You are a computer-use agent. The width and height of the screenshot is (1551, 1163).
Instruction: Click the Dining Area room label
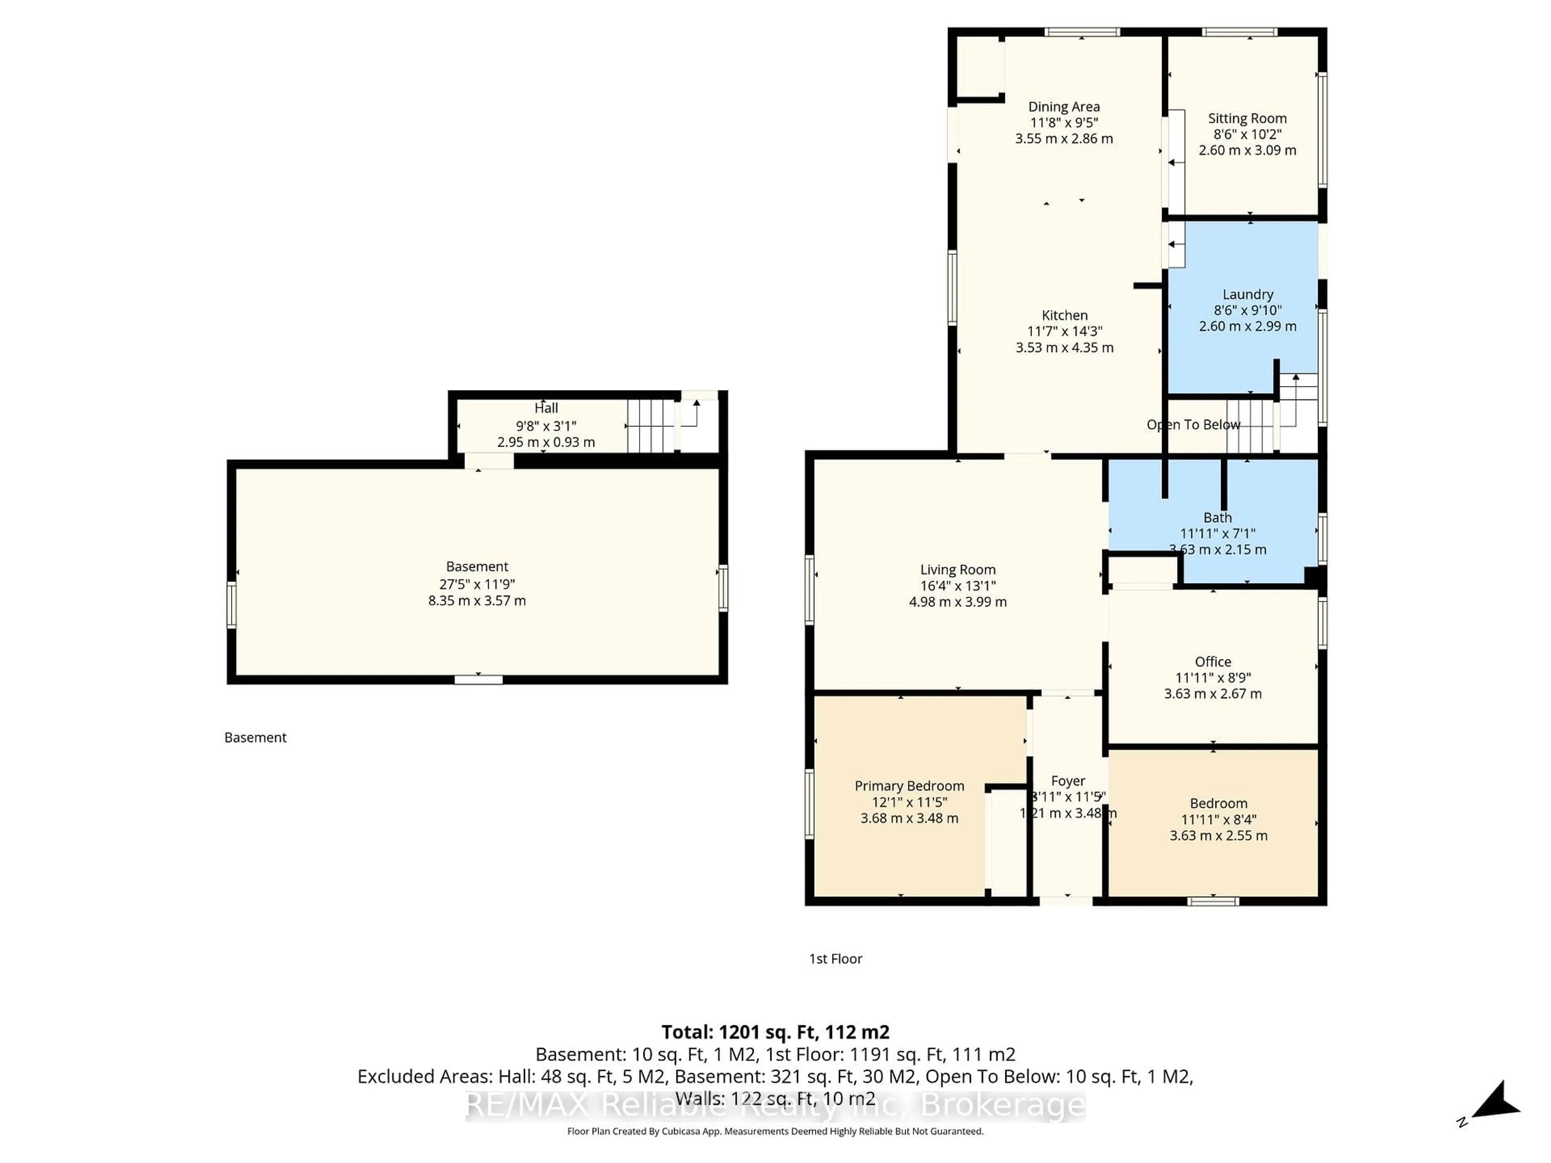pos(1063,107)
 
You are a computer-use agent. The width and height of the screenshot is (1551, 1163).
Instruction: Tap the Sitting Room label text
pos(1247,118)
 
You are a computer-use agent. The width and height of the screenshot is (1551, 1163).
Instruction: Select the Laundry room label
pos(1247,294)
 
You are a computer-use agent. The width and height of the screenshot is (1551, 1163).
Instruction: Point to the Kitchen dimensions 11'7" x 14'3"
pos(1064,331)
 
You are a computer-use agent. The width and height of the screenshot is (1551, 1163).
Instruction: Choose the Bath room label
pos(1217,517)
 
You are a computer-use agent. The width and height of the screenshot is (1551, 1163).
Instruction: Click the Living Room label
pos(957,570)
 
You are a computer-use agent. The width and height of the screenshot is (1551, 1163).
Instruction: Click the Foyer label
pos(1068,781)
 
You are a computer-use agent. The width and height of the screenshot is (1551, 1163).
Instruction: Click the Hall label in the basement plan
pos(546,408)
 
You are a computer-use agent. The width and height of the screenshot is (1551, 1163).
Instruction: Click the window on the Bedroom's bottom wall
pos(1213,901)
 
